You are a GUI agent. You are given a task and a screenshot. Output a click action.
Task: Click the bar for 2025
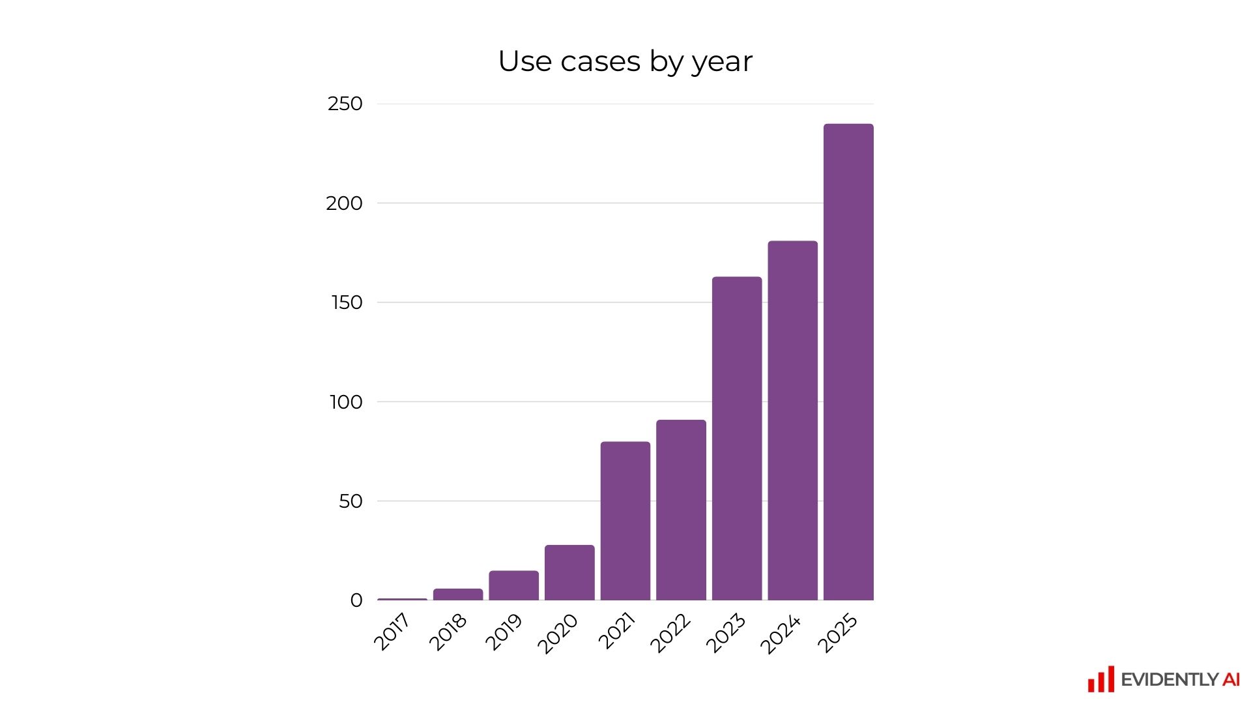tap(848, 362)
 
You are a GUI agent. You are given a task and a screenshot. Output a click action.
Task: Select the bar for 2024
tap(792, 420)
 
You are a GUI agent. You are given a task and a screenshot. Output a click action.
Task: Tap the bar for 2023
tap(737, 438)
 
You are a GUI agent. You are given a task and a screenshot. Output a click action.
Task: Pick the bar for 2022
tap(681, 510)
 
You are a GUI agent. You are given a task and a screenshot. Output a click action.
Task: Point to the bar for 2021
tap(625, 521)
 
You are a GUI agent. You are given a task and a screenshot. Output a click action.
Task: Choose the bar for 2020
tap(569, 572)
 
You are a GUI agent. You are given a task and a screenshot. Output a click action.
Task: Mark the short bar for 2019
tap(514, 585)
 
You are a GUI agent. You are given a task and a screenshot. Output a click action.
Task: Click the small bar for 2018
tap(458, 594)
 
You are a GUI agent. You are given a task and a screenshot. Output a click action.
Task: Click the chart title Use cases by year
tap(625, 61)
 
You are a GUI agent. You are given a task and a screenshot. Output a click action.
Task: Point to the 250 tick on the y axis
tap(345, 104)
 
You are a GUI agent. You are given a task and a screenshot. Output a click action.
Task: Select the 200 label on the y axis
tap(344, 203)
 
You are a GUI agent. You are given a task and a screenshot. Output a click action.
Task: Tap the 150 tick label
tap(347, 302)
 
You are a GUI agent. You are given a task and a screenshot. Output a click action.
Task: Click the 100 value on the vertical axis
tap(346, 402)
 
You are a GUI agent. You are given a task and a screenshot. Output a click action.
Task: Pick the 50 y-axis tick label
tap(351, 501)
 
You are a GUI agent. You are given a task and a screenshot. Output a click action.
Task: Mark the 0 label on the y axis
tap(356, 600)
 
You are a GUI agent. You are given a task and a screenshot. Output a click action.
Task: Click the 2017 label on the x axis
tap(392, 632)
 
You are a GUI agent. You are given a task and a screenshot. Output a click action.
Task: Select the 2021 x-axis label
tap(616, 632)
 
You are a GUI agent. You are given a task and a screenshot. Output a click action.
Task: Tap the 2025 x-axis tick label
tap(838, 633)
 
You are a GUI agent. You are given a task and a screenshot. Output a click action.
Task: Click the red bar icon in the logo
tap(1101, 680)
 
